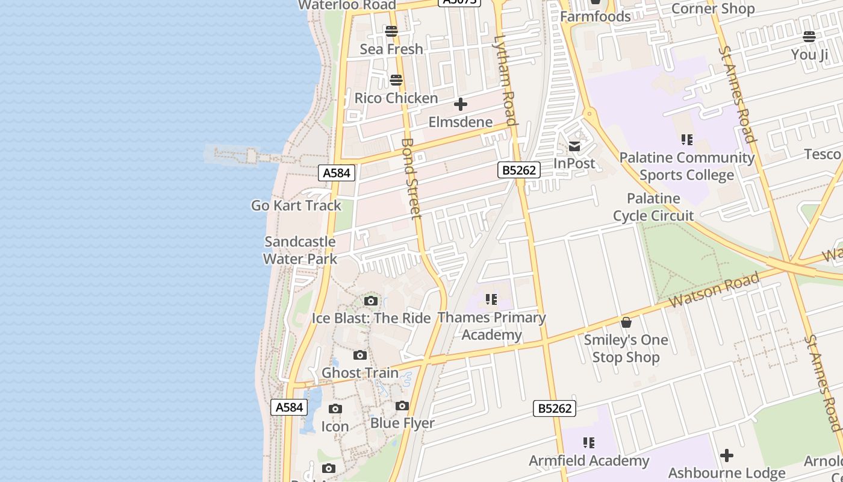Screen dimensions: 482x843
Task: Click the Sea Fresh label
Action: pyautogui.click(x=391, y=49)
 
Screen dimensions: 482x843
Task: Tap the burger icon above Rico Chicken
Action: pyautogui.click(x=396, y=80)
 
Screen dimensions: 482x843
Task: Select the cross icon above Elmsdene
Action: pyautogui.click(x=461, y=104)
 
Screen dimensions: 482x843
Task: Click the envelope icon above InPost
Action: pyautogui.click(x=574, y=146)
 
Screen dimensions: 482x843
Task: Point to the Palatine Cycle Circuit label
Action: pyautogui.click(x=653, y=207)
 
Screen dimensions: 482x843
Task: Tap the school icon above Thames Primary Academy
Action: pyautogui.click(x=491, y=299)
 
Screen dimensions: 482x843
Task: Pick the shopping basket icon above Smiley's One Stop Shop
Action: pyautogui.click(x=626, y=322)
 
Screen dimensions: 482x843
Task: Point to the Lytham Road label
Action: pyautogui.click(x=505, y=80)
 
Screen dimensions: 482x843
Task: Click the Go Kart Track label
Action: pyautogui.click(x=296, y=205)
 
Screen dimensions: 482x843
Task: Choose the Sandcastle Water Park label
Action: pyautogui.click(x=300, y=250)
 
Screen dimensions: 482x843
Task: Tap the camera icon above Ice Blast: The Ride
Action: pyautogui.click(x=371, y=301)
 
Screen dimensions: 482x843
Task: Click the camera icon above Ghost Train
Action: pyautogui.click(x=360, y=355)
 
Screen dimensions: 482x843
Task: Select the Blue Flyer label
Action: pyautogui.click(x=402, y=423)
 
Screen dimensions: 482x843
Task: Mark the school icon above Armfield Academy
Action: pyautogui.click(x=589, y=443)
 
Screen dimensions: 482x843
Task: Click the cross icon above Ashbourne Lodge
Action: pyautogui.click(x=727, y=455)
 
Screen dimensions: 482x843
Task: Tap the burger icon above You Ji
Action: pyautogui.click(x=809, y=37)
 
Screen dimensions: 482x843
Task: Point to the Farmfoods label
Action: pyautogui.click(x=596, y=16)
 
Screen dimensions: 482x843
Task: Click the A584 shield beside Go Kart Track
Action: pyautogui.click(x=337, y=173)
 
